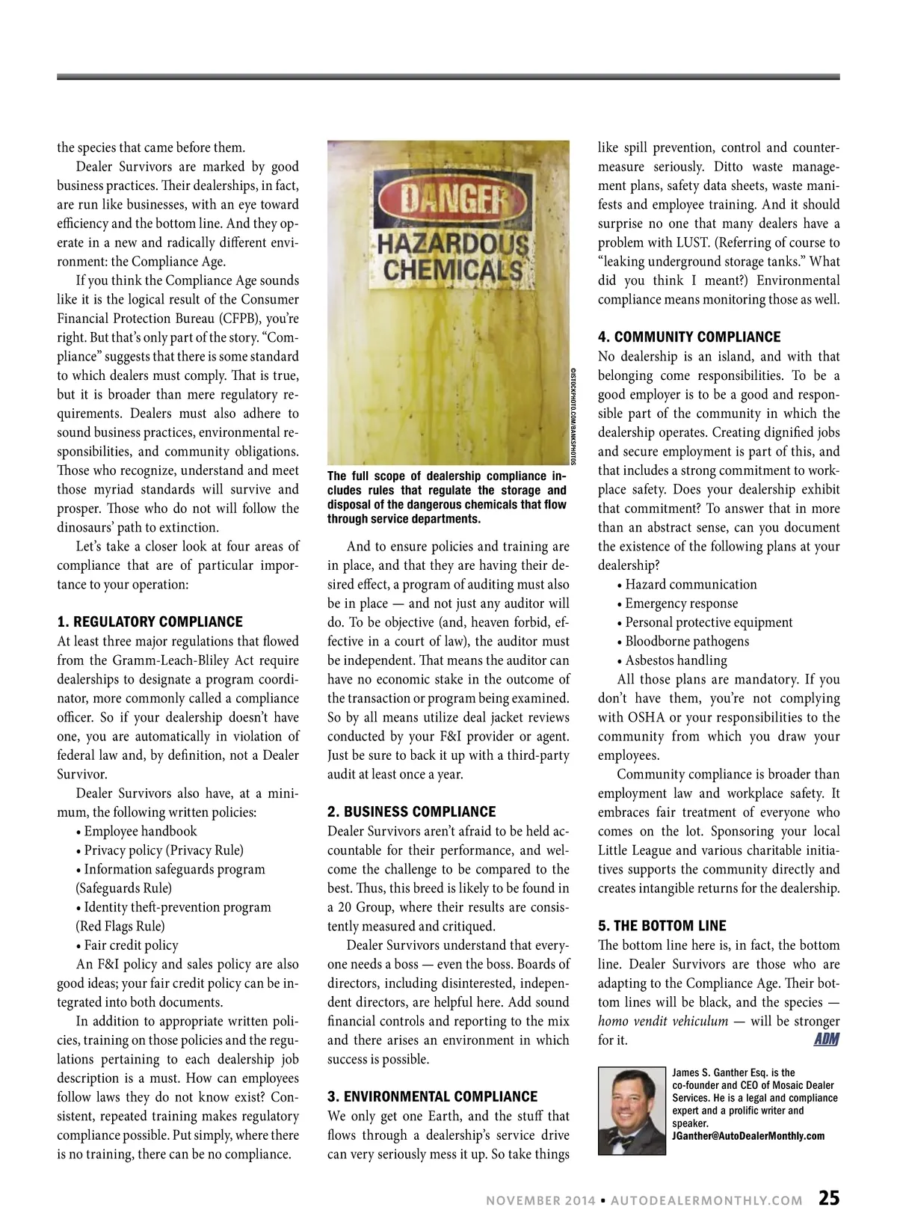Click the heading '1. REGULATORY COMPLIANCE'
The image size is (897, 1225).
click(149, 621)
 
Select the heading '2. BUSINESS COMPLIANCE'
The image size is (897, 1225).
click(411, 811)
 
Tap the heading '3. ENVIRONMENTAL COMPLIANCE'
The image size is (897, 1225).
click(432, 1096)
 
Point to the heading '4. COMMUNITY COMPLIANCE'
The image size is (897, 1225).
click(688, 337)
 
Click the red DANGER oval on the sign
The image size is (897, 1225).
click(446, 200)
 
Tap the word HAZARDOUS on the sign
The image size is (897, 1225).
click(451, 244)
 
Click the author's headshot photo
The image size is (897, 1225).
click(632, 1111)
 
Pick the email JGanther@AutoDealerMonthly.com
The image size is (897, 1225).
click(748, 1136)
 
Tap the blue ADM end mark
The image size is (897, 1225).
click(825, 1040)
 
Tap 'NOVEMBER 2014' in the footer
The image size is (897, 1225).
click(540, 1200)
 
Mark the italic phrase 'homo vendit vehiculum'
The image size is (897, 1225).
click(662, 1021)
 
